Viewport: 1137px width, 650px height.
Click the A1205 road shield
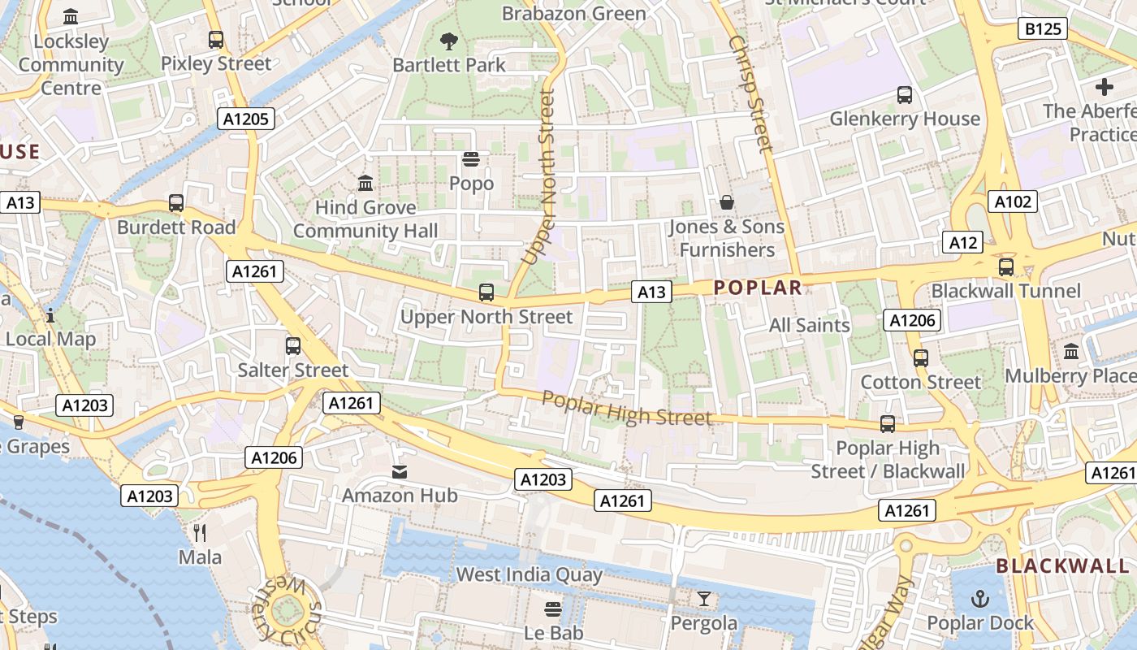[x=246, y=119]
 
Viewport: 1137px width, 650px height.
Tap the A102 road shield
[x=1013, y=201]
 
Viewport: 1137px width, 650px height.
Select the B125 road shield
[x=1042, y=29]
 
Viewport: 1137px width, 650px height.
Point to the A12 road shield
[x=962, y=241]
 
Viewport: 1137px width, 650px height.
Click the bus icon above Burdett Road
[x=175, y=203]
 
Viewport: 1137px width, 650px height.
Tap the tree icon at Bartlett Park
[x=448, y=41]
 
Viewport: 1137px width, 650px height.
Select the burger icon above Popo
[x=471, y=158]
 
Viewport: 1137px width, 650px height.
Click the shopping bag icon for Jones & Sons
[x=726, y=201]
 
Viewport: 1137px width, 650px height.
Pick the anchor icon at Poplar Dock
[x=980, y=599]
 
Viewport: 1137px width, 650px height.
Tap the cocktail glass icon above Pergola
[x=703, y=600]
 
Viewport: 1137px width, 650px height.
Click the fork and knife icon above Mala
[x=200, y=533]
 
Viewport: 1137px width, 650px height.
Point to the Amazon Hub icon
[x=399, y=471]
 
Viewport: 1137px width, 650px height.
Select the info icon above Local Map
[x=50, y=314]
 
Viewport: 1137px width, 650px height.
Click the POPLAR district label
[x=758, y=287]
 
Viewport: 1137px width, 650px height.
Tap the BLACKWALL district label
[x=1062, y=565]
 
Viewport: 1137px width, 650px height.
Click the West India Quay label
[x=529, y=574]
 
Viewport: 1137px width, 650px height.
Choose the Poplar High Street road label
[x=626, y=408]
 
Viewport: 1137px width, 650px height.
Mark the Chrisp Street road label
[x=751, y=93]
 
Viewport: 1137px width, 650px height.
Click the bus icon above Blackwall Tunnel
[x=1005, y=266]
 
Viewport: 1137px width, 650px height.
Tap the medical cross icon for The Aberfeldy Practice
[x=1104, y=86]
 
